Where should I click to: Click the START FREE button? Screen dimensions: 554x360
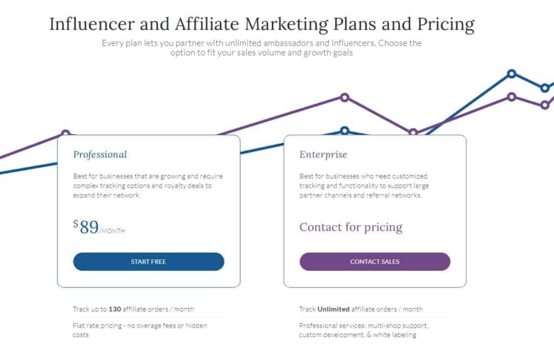tap(148, 261)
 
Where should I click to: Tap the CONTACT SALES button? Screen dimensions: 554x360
tap(375, 261)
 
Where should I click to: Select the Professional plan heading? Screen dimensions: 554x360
tap(100, 154)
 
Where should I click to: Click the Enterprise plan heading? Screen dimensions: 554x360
tap(324, 154)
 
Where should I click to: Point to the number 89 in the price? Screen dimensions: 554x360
tap(89, 227)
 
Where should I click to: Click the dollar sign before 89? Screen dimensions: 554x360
tap(76, 224)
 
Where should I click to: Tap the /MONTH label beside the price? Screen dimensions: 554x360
tap(113, 231)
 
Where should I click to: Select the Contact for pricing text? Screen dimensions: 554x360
tap(351, 227)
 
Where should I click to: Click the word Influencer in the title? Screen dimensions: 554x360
tap(92, 24)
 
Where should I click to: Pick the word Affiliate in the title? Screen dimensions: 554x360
tap(207, 24)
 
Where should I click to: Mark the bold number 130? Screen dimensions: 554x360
tap(115, 309)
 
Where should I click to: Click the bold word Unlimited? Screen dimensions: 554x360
tap(333, 309)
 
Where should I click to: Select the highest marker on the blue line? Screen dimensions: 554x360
tap(511, 74)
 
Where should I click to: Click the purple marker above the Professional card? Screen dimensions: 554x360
tap(65, 133)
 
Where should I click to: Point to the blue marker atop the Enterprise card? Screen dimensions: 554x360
tap(345, 131)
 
